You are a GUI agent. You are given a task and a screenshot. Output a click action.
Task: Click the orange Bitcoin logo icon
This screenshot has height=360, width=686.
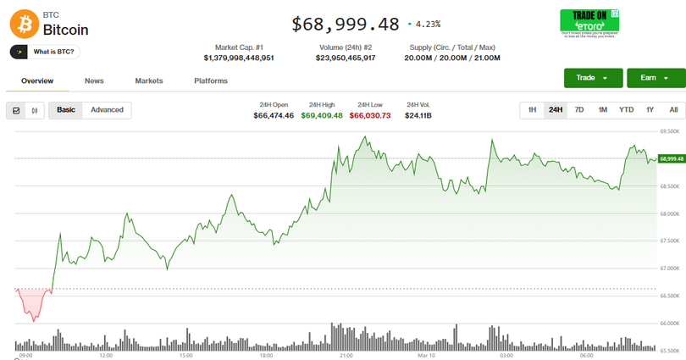click(24, 24)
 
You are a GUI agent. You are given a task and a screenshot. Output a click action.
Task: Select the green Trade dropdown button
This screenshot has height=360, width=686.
click(593, 78)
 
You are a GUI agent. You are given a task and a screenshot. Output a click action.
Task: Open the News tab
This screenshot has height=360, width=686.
click(94, 80)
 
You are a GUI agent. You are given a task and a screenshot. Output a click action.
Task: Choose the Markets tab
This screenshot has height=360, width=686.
click(149, 80)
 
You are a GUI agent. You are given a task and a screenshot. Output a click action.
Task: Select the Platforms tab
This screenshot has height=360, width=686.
click(211, 80)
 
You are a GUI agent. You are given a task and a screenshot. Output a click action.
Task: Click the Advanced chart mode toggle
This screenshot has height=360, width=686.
click(107, 110)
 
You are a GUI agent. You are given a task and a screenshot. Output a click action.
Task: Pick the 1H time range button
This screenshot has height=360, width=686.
click(532, 110)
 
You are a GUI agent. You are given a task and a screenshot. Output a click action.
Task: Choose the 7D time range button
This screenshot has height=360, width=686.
click(579, 110)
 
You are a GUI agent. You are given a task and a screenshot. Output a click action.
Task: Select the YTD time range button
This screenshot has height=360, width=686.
click(626, 110)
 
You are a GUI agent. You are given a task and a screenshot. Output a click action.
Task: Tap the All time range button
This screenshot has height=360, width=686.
click(673, 110)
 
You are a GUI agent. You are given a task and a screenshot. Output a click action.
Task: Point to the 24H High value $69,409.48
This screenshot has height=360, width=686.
click(322, 115)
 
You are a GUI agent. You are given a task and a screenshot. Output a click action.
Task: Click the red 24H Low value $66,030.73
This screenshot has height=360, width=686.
click(370, 115)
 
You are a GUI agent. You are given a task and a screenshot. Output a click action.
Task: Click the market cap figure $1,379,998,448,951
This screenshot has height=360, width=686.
click(239, 58)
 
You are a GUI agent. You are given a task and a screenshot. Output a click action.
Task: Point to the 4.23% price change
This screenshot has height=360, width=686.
click(425, 24)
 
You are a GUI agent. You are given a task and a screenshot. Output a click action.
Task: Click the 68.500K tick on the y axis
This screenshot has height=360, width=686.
click(671, 186)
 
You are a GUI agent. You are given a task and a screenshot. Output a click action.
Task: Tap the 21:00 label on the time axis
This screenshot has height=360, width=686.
click(346, 356)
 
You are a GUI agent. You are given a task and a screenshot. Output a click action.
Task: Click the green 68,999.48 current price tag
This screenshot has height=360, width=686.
click(671, 158)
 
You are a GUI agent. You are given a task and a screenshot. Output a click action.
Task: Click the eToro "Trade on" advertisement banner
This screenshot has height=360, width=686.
click(589, 22)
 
